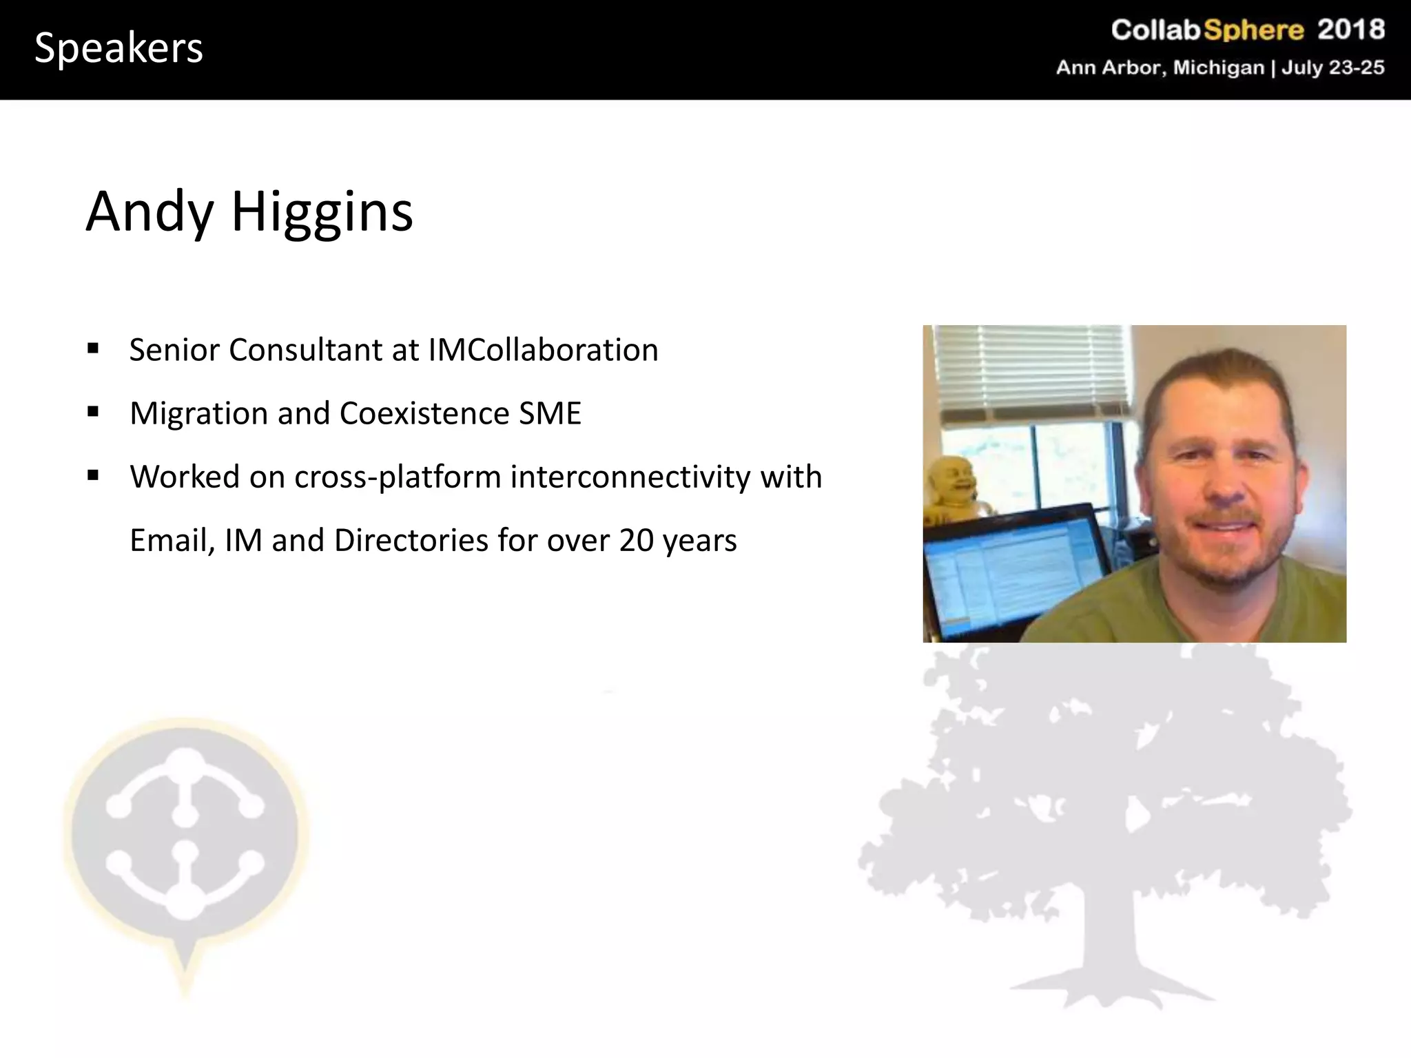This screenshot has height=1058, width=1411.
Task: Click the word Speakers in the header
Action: pos(119,48)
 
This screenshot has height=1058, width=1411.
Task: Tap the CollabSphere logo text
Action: pos(1207,30)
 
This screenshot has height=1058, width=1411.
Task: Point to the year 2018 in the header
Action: pos(1351,30)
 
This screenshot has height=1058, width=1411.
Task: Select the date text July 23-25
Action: pos(1332,68)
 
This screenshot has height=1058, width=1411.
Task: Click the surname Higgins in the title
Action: pos(322,211)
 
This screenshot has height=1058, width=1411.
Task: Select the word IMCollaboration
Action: pos(543,350)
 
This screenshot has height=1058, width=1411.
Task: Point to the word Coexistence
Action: pos(424,413)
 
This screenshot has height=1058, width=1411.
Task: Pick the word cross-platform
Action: pos(398,477)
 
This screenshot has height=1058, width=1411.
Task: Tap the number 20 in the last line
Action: pos(636,540)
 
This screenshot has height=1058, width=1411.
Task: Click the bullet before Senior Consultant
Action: pos(93,348)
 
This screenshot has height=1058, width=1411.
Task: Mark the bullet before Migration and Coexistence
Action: pos(93,412)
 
